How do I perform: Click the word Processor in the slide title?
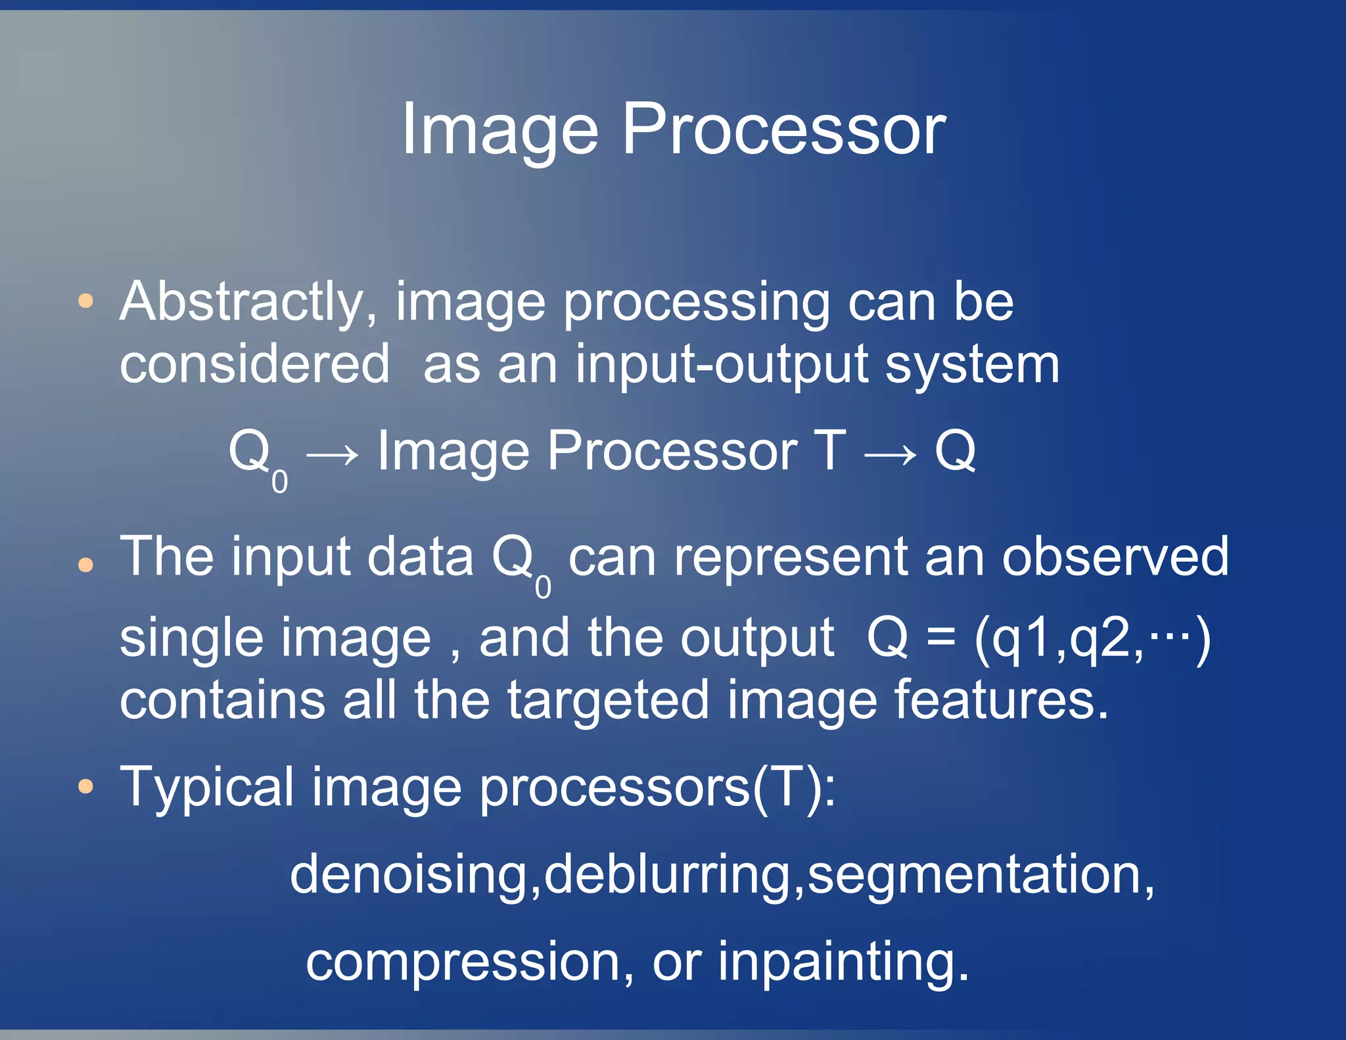point(783,130)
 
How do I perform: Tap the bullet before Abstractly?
point(85,302)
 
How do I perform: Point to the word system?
point(972,366)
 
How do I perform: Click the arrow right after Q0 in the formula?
point(333,454)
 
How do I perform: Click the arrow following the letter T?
point(891,454)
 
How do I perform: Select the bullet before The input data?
point(85,564)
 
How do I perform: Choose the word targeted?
point(609,700)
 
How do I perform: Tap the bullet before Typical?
point(85,786)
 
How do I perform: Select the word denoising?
point(409,875)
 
